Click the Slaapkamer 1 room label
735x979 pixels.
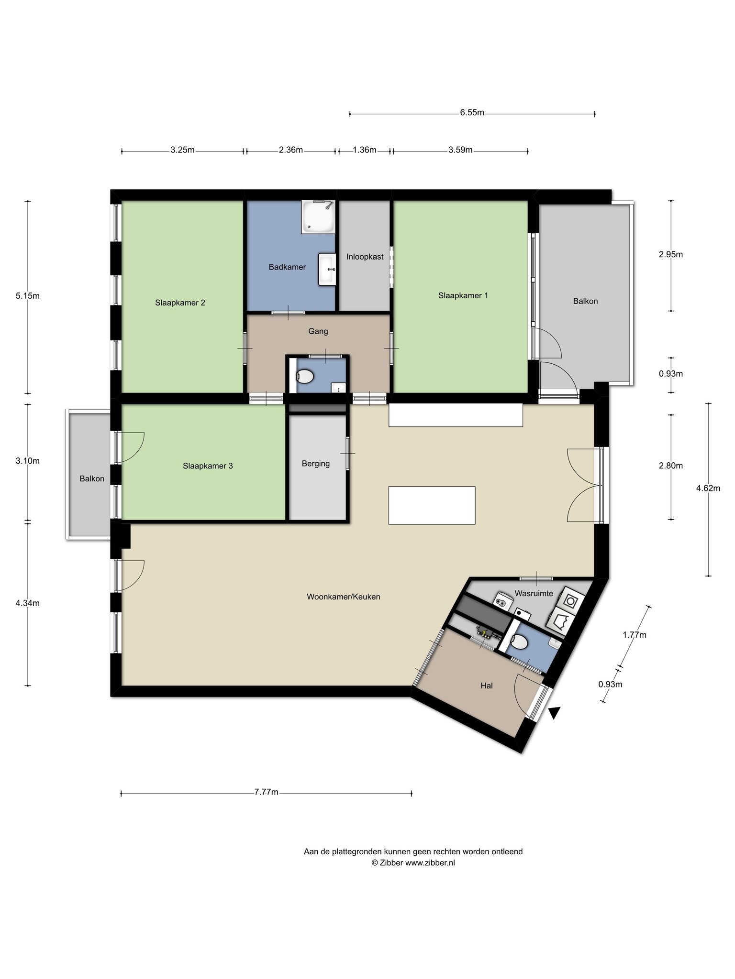coord(463,295)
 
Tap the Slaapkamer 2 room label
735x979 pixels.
coord(180,303)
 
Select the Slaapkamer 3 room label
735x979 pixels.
coord(208,466)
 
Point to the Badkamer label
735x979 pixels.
coord(287,267)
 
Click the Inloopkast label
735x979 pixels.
coord(365,257)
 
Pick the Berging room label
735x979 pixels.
coord(316,464)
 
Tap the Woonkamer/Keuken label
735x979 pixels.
coord(344,597)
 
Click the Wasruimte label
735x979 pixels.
coord(534,593)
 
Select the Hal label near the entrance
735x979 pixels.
coord(487,685)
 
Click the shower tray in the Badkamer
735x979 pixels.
coord(318,217)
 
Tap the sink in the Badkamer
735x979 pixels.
coord(328,270)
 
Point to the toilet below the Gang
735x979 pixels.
coord(305,377)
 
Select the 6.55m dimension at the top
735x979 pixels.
coord(472,113)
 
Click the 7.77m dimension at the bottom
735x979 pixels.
coord(267,792)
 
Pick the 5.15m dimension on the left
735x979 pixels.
coord(27,296)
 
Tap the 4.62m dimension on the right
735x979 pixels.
coord(708,488)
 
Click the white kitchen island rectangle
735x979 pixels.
coord(432,505)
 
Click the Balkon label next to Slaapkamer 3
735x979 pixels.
coord(92,479)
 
